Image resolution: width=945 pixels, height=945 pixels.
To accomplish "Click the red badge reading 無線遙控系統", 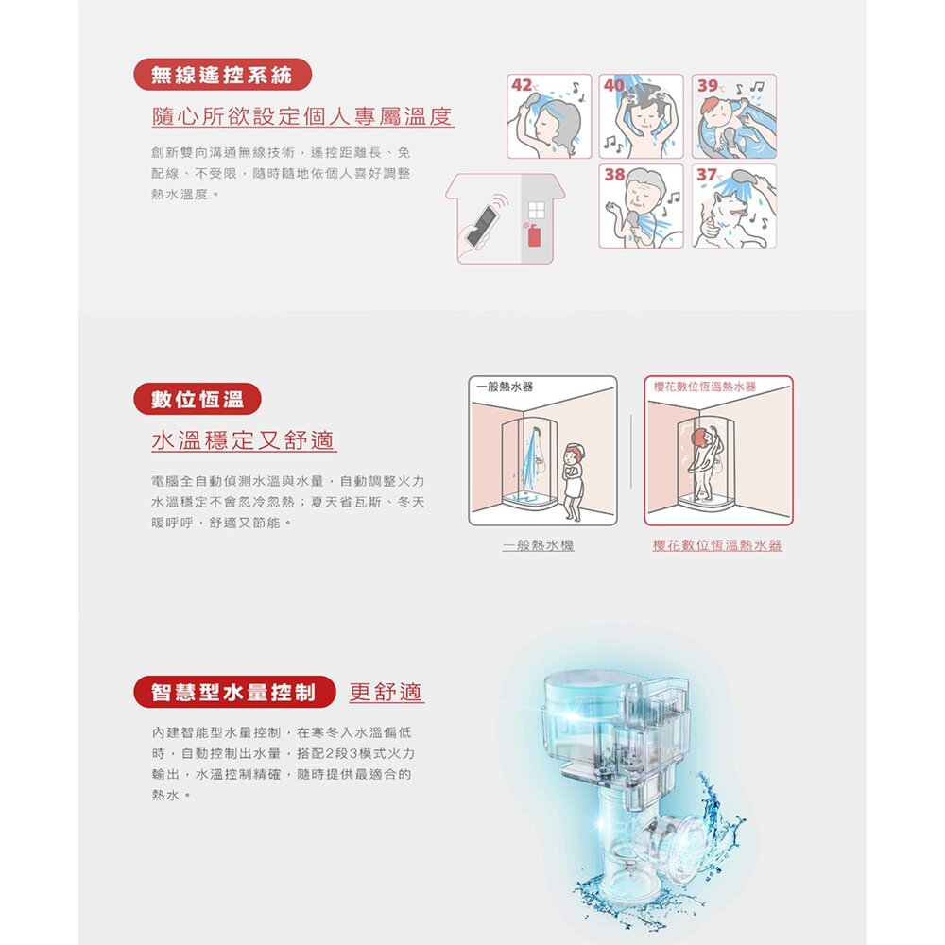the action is tap(222, 75).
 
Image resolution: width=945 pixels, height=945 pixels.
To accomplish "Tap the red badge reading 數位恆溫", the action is tap(198, 399).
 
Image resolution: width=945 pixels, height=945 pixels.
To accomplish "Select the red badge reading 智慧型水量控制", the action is tap(233, 692).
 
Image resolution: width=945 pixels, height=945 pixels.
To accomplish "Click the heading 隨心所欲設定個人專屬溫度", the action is tap(302, 116).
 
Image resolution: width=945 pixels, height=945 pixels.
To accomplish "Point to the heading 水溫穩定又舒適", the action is tap(244, 440).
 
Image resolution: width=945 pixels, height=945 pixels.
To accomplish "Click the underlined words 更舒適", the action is tap(387, 692).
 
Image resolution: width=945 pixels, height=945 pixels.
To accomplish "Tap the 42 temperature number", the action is tap(522, 86).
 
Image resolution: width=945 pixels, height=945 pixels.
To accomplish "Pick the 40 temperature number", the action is tap(614, 86).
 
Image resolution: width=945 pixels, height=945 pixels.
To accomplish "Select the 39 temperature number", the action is tap(708, 86).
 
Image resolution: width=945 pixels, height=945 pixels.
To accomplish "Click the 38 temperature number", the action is tap(615, 175).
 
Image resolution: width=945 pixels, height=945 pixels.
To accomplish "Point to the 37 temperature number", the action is tap(706, 175).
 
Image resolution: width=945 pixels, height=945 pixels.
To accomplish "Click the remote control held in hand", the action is tap(486, 226).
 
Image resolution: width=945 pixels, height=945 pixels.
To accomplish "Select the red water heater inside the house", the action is tap(534, 235).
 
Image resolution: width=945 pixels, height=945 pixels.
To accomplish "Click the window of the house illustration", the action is tap(536, 211).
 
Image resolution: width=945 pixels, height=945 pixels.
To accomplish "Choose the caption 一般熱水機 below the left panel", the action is tap(539, 545).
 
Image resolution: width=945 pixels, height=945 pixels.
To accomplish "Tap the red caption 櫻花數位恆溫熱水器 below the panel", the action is tap(717, 545).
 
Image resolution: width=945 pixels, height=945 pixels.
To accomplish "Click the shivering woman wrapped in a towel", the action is tap(573, 482).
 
